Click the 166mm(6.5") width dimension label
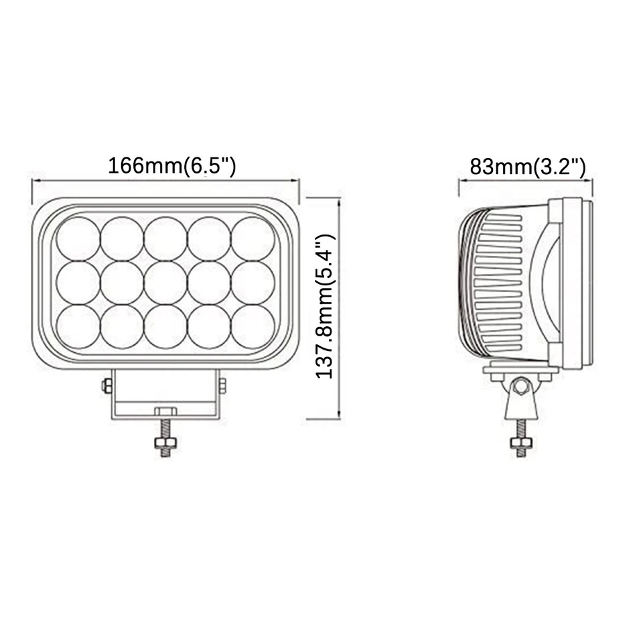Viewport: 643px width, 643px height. pos(171,165)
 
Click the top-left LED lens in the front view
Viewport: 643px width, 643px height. pos(78,239)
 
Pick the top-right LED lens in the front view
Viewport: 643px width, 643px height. pos(253,239)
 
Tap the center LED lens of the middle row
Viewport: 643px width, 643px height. pos(165,283)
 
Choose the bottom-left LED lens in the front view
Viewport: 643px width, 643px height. pos(78,326)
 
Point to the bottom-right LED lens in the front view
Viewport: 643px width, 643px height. pos(253,326)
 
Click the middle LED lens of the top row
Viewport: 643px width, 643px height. pos(165,239)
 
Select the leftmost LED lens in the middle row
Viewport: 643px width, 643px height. pos(78,283)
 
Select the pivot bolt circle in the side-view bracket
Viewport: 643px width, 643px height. pos(520,386)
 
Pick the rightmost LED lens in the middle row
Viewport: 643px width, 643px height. pos(253,283)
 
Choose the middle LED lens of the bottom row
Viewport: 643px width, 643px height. pos(165,326)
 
